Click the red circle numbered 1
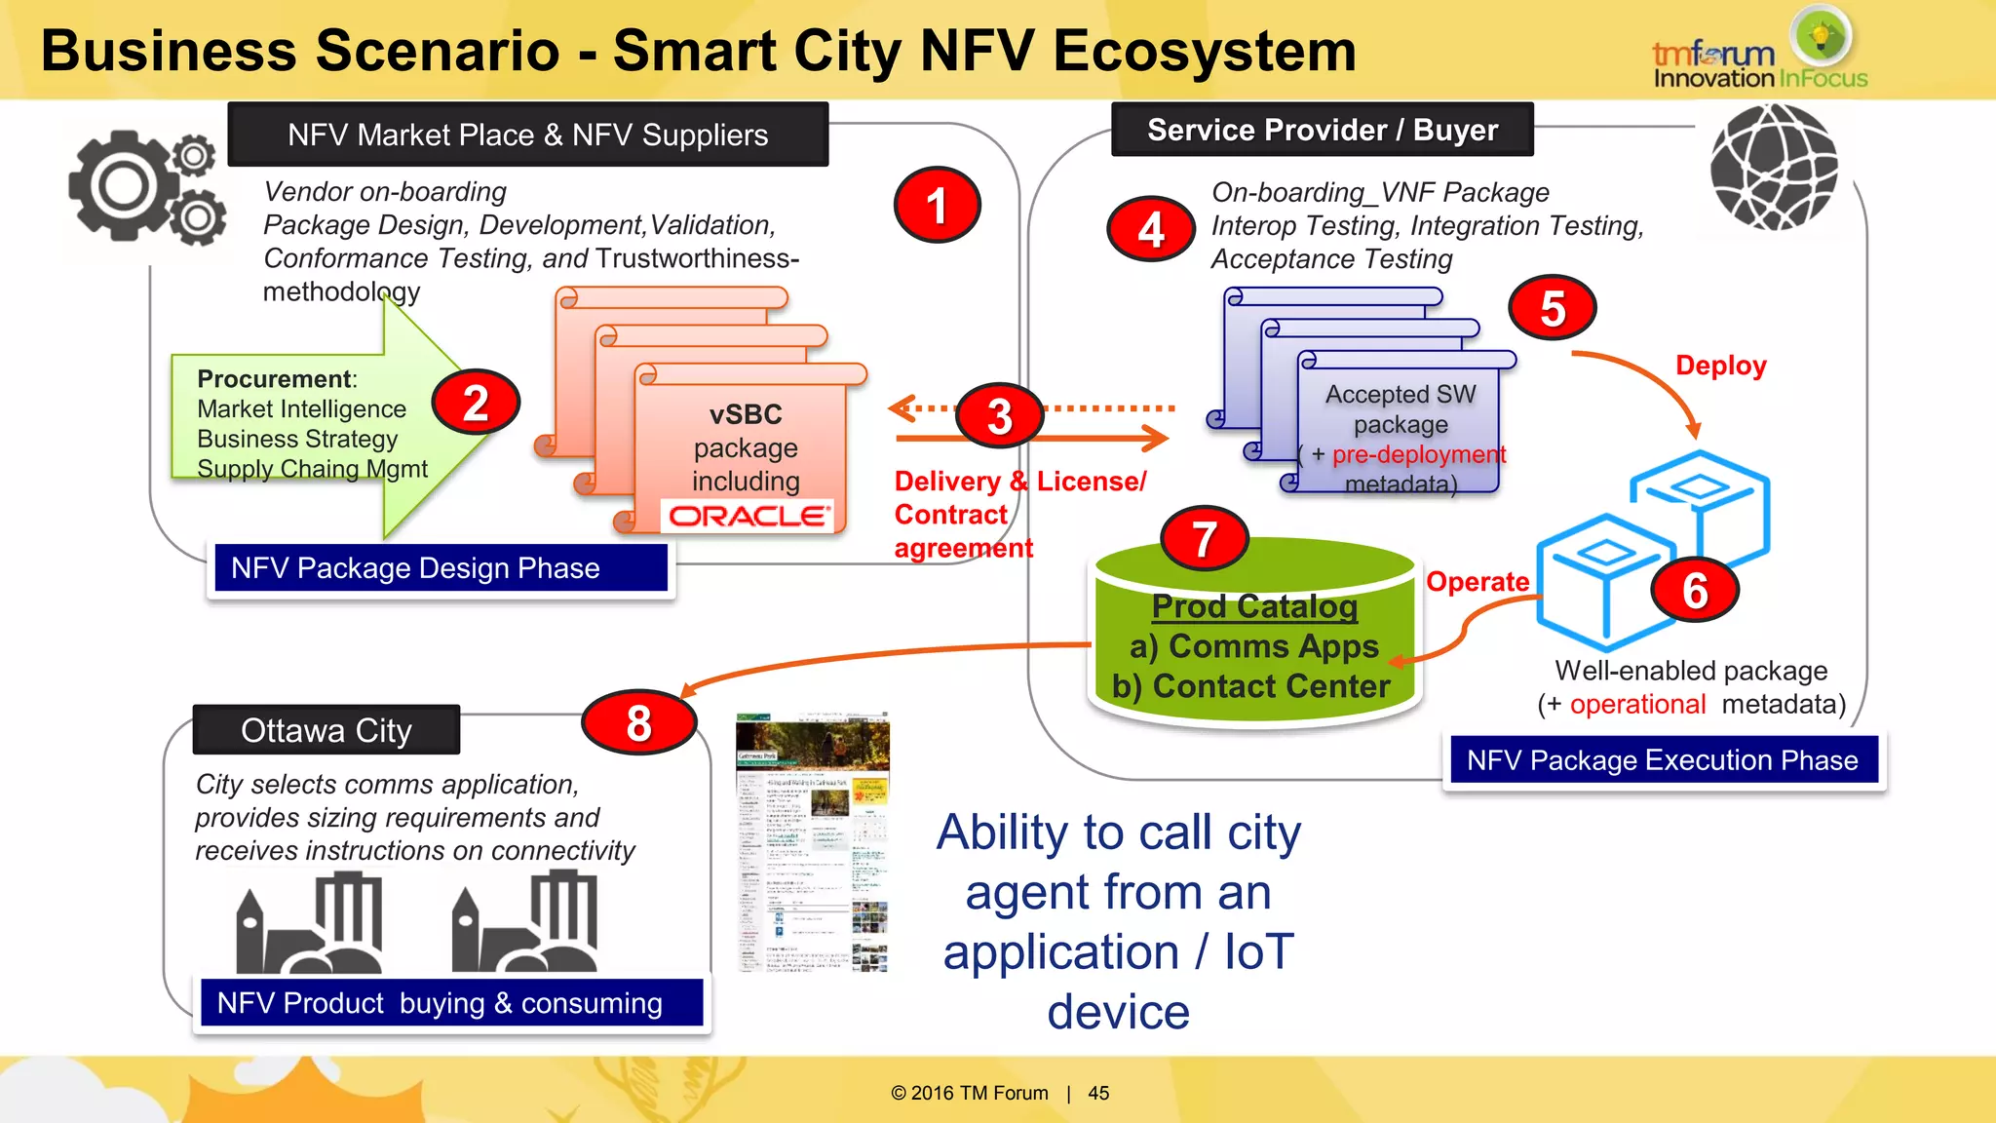pos(937,205)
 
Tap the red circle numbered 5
pos(1553,308)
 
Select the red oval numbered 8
pos(638,722)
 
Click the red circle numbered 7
pos(1205,538)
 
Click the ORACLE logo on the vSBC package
pos(748,516)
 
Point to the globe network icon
pos(1774,167)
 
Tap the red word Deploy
pos(1720,366)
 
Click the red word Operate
pos(1477,582)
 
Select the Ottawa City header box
pos(326,730)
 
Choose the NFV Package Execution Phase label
pos(1663,760)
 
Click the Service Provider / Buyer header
pos(1322,130)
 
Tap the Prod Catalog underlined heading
pos(1254,606)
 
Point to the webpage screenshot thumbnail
pos(813,843)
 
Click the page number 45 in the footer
pos(1098,1093)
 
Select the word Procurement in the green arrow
pos(274,378)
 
